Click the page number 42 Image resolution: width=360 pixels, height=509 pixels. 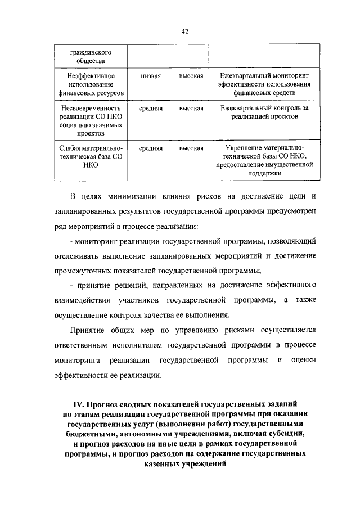pyautogui.click(x=184, y=31)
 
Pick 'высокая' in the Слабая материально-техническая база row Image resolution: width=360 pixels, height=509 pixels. pyautogui.click(x=191, y=148)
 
